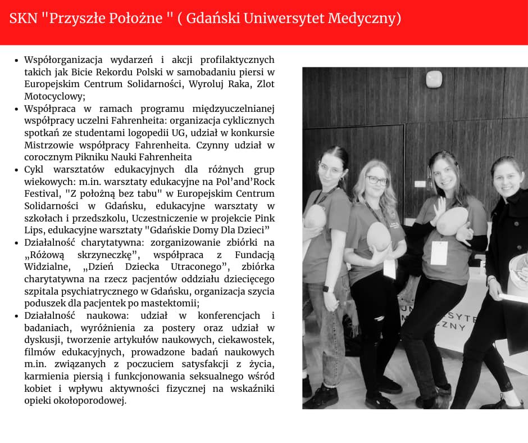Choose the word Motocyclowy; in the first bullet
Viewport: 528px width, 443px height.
click(x=55, y=96)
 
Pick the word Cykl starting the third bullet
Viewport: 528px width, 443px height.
click(x=34, y=169)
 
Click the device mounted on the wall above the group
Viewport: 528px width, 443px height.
click(x=434, y=79)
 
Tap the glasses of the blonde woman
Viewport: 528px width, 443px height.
click(x=377, y=180)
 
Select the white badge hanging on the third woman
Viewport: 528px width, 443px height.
click(x=439, y=252)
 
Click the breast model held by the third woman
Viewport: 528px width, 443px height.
click(x=452, y=220)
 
